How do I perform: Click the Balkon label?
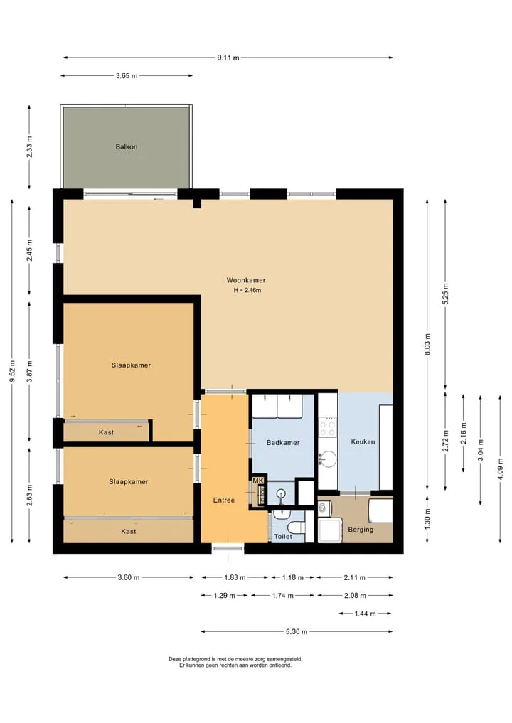click(127, 146)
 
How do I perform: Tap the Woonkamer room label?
click(246, 280)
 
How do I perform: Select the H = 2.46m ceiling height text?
click(247, 291)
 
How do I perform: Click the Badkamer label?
click(283, 443)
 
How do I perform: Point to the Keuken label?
click(363, 441)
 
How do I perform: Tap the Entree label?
click(224, 500)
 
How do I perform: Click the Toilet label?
click(283, 537)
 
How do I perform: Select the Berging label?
click(361, 530)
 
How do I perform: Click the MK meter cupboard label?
click(258, 481)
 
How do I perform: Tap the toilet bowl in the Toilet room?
click(295, 527)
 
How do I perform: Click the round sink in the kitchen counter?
click(328, 459)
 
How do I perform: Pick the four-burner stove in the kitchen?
click(328, 427)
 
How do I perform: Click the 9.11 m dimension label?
click(228, 58)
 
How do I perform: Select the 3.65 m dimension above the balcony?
click(127, 75)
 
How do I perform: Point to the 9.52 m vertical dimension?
click(13, 371)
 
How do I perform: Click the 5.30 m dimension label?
click(297, 632)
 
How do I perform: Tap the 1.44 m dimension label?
click(365, 614)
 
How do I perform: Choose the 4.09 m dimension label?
click(501, 469)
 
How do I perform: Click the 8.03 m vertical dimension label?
click(427, 345)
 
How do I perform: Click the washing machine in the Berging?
click(330, 530)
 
